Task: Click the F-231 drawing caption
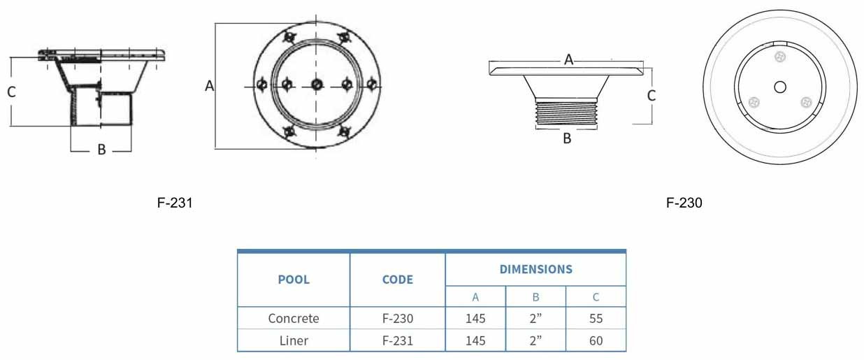175,203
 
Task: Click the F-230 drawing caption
684,203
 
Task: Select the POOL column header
294,280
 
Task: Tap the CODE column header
398,280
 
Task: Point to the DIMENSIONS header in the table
535,269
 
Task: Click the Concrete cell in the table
294,318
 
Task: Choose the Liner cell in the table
294,340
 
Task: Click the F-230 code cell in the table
398,318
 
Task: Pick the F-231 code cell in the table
398,340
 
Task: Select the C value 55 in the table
596,318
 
